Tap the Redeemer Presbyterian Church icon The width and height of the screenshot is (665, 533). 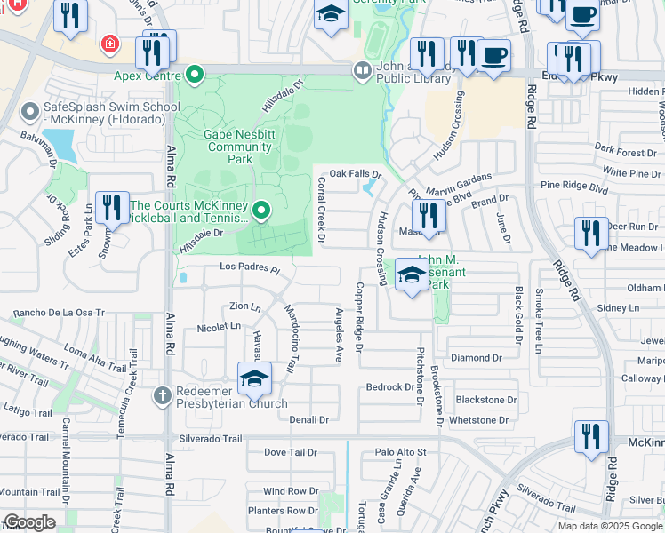(x=162, y=394)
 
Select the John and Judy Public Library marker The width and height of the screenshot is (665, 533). (x=362, y=69)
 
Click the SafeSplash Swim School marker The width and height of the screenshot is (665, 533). (x=28, y=111)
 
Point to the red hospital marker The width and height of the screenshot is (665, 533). (x=109, y=43)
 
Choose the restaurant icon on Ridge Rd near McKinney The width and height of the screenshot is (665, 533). (x=591, y=437)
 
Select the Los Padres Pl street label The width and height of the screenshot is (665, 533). (x=250, y=268)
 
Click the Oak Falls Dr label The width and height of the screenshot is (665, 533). (x=355, y=174)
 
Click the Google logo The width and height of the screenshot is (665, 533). (x=29, y=521)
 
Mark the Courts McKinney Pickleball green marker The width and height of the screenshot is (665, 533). (x=261, y=211)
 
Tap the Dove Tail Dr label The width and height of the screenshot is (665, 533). (x=290, y=452)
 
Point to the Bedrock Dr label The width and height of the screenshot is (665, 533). (x=390, y=387)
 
